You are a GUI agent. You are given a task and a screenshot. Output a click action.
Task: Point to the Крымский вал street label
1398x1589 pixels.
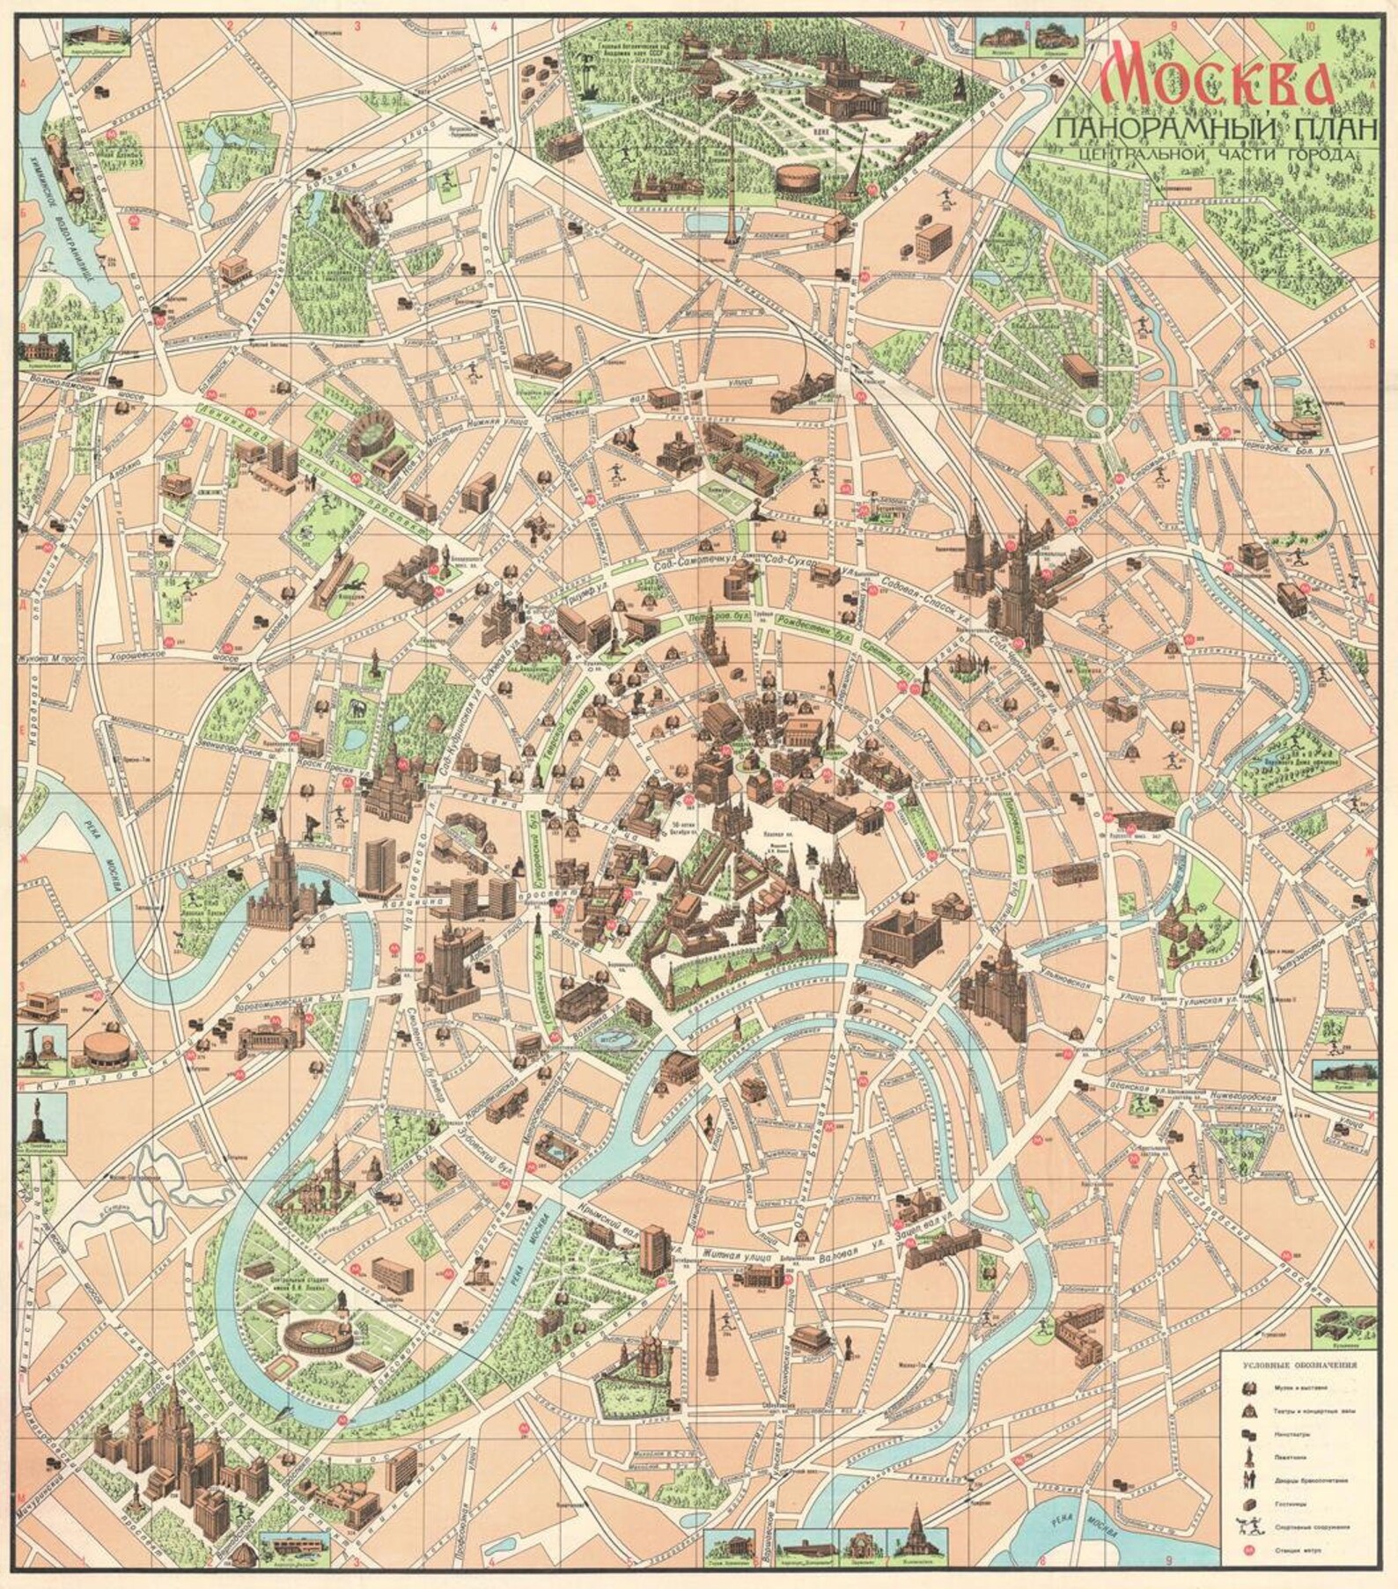599,1228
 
